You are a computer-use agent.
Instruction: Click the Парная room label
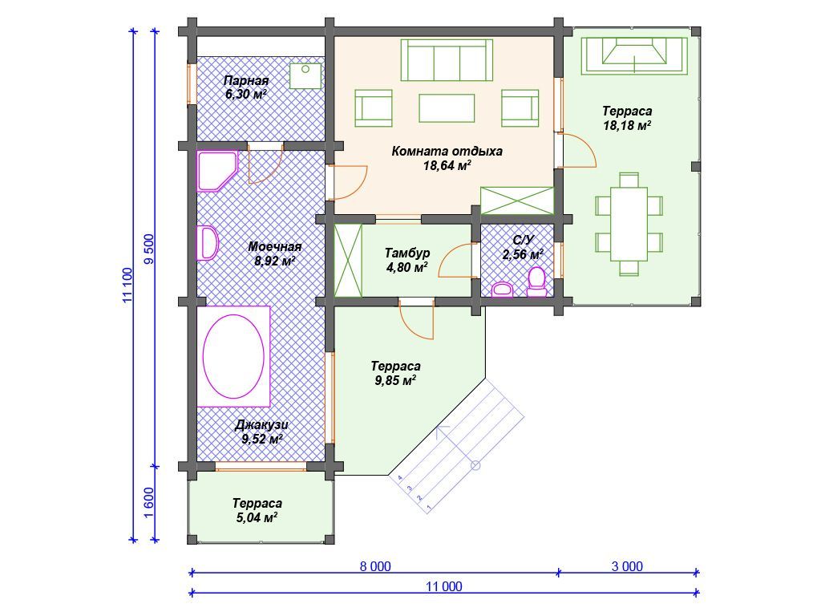point(246,81)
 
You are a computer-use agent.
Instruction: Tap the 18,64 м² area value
point(447,165)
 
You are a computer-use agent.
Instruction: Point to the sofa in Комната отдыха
point(447,60)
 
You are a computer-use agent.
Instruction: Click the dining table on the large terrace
point(629,224)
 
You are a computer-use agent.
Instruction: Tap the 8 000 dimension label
point(375,566)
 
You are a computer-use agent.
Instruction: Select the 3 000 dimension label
point(627,566)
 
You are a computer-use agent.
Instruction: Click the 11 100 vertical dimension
point(127,286)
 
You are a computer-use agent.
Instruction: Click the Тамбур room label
point(407,253)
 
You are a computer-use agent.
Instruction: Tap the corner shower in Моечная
point(217,171)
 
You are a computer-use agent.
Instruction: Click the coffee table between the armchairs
point(447,108)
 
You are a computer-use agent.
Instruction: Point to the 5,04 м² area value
point(257,517)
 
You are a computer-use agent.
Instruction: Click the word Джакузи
point(261,425)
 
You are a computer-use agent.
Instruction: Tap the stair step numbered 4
point(400,478)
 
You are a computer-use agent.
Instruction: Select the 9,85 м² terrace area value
point(395,380)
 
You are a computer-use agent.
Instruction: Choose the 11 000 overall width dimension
point(444,586)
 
